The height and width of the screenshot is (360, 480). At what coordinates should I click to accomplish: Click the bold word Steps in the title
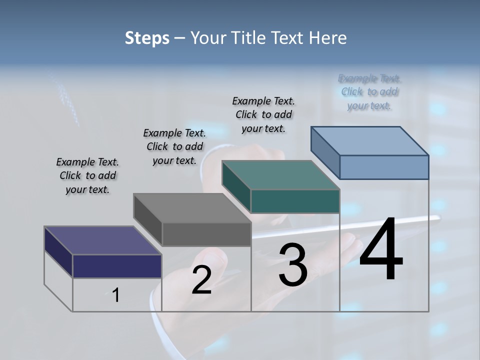147,38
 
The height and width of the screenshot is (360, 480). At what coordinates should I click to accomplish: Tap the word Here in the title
328,38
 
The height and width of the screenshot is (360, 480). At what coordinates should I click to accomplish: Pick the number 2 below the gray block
201,280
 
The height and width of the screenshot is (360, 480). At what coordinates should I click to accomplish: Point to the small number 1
116,295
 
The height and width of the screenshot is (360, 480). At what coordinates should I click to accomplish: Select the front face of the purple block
117,266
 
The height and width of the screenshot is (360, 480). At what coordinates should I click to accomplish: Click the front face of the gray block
206,234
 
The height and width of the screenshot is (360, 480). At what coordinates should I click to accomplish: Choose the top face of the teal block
280,175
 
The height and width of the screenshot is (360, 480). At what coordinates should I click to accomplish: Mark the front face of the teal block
295,201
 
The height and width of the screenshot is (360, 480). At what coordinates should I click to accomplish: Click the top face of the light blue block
369,141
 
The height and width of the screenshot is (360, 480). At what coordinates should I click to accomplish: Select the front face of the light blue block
384,167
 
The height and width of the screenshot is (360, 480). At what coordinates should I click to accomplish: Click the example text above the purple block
87,175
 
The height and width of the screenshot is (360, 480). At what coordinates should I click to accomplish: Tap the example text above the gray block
174,146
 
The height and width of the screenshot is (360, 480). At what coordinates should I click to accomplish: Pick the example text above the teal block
263,114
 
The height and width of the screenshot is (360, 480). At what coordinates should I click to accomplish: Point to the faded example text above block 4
369,92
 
